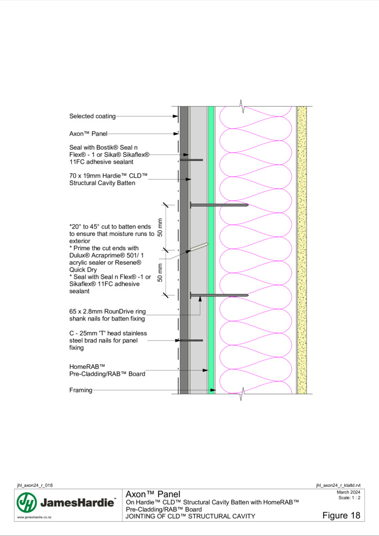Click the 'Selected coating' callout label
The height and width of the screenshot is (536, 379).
[93, 116]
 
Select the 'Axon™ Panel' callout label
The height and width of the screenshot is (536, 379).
[88, 133]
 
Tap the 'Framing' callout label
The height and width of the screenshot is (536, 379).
[81, 390]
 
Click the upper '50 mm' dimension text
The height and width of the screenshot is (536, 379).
[160, 228]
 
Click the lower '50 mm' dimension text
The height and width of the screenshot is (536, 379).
[160, 272]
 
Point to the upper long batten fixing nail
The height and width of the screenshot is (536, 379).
[219, 205]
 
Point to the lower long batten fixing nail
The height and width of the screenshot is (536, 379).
[219, 295]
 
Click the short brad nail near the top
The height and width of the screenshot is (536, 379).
[191, 160]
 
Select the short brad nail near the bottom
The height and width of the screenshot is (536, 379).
[191, 341]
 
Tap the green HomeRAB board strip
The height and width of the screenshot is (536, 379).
[211, 250]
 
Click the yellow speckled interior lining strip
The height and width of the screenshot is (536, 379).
[302, 250]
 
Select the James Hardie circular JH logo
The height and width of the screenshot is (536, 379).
[27, 502]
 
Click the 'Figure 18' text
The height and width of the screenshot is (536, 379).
[341, 516]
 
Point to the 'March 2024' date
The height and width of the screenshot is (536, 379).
[349, 492]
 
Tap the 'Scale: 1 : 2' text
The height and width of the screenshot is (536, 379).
[349, 498]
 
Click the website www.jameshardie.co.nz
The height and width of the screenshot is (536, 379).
[34, 518]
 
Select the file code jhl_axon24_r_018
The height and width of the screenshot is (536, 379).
[35, 486]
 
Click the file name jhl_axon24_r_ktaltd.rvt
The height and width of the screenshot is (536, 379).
[339, 486]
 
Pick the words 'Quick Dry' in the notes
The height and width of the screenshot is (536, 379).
[83, 270]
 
